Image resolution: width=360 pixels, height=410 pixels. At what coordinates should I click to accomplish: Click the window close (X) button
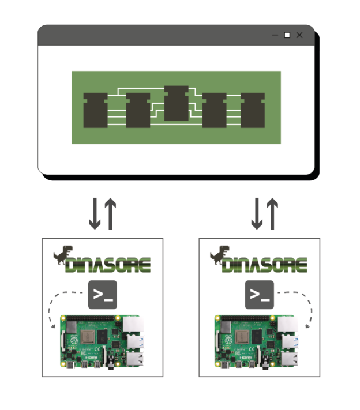(299, 36)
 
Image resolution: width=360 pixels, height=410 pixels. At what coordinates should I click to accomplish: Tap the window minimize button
(275, 36)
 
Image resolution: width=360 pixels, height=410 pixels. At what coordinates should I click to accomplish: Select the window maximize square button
(287, 36)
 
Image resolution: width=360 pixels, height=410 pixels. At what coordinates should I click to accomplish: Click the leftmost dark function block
(96, 110)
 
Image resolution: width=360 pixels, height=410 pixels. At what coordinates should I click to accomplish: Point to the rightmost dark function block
(253, 110)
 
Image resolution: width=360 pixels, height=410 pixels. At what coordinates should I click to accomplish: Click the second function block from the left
(138, 110)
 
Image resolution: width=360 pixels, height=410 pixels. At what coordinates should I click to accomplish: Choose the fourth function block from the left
(215, 110)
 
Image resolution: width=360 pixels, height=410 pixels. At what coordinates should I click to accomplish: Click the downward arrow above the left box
(95, 213)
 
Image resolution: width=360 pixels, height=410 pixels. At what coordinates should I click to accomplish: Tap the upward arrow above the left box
(110, 213)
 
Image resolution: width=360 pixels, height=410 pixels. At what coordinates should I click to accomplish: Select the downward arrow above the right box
(256, 213)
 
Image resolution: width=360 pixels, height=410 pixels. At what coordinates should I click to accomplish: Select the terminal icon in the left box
(103, 295)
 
